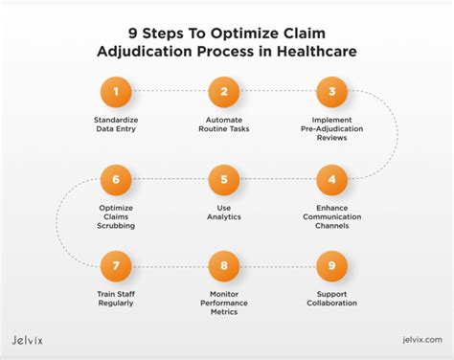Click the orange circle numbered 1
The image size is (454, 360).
115,93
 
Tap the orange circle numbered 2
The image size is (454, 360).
223,93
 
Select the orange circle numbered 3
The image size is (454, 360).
331,93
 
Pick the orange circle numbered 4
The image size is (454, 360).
331,179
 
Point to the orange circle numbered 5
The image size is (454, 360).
223,179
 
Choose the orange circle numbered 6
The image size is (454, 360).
115,179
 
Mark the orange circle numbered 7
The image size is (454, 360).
115,266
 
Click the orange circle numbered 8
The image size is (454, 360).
223,266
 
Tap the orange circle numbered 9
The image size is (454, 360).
331,266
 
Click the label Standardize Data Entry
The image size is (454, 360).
115,125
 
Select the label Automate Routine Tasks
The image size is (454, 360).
223,125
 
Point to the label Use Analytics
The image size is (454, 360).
223,212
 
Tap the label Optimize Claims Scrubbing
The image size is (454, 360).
115,216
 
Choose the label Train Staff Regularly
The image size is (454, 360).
115,299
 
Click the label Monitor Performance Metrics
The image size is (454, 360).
223,304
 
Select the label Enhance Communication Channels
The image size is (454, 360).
331,216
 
